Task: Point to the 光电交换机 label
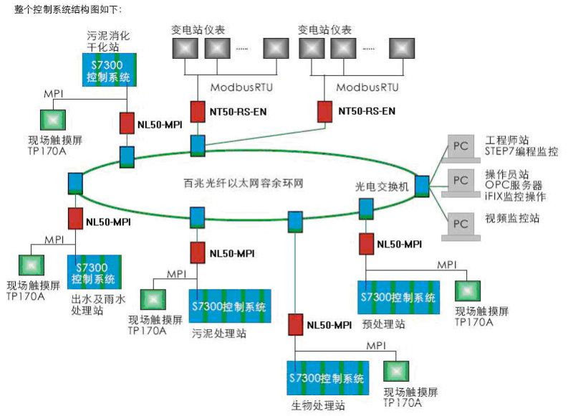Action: [382, 185]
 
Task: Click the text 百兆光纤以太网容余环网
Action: [239, 184]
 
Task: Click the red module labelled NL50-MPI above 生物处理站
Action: [294, 324]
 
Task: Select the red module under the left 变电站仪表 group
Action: [198, 111]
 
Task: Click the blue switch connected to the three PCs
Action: [420, 185]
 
